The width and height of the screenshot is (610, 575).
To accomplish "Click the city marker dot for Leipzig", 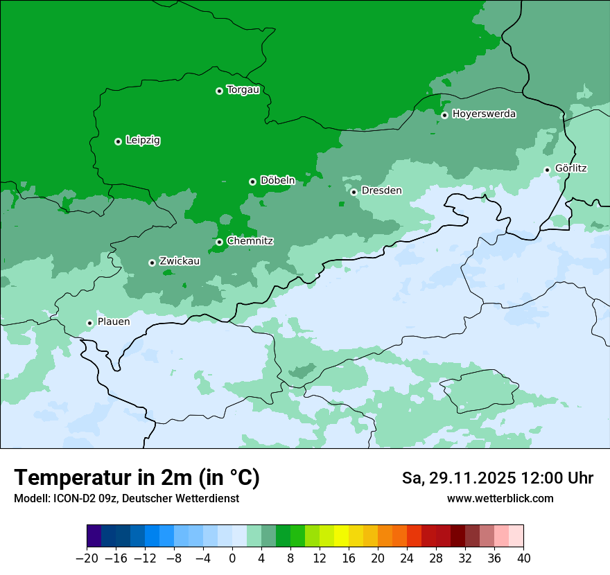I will coord(118,141).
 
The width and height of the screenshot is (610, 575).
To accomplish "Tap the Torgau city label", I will coord(243,90).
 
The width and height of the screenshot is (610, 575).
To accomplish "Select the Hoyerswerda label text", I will coord(484,114).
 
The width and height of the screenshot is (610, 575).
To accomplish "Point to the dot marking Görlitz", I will coord(547,170).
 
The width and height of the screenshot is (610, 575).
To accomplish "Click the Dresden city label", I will coord(381,191).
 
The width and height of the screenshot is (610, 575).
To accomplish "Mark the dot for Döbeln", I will coord(252,182).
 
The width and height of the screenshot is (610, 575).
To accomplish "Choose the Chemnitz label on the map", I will coord(250,241).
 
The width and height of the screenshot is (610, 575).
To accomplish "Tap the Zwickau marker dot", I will coord(152,263).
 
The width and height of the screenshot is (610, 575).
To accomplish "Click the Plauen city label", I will coord(113,322).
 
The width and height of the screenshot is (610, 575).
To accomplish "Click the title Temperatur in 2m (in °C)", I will coord(137,477).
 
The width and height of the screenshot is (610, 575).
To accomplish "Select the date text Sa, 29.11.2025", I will coord(458,478).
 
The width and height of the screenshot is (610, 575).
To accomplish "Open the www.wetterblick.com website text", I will coord(500,498).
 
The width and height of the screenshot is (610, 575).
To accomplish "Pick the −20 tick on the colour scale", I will coord(87,558).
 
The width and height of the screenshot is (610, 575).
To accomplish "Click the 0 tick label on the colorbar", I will coord(232,558).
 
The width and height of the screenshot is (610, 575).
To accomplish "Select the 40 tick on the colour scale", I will coord(523,558).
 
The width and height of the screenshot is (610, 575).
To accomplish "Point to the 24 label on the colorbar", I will coord(407,558).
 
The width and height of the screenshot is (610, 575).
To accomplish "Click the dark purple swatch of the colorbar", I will coord(94,536).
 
